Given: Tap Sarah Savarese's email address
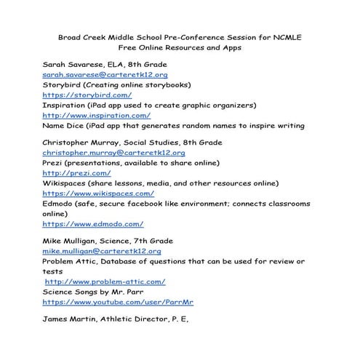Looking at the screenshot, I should pyautogui.click(x=105, y=74).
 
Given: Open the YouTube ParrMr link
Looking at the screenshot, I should pyautogui.click(x=118, y=302).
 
